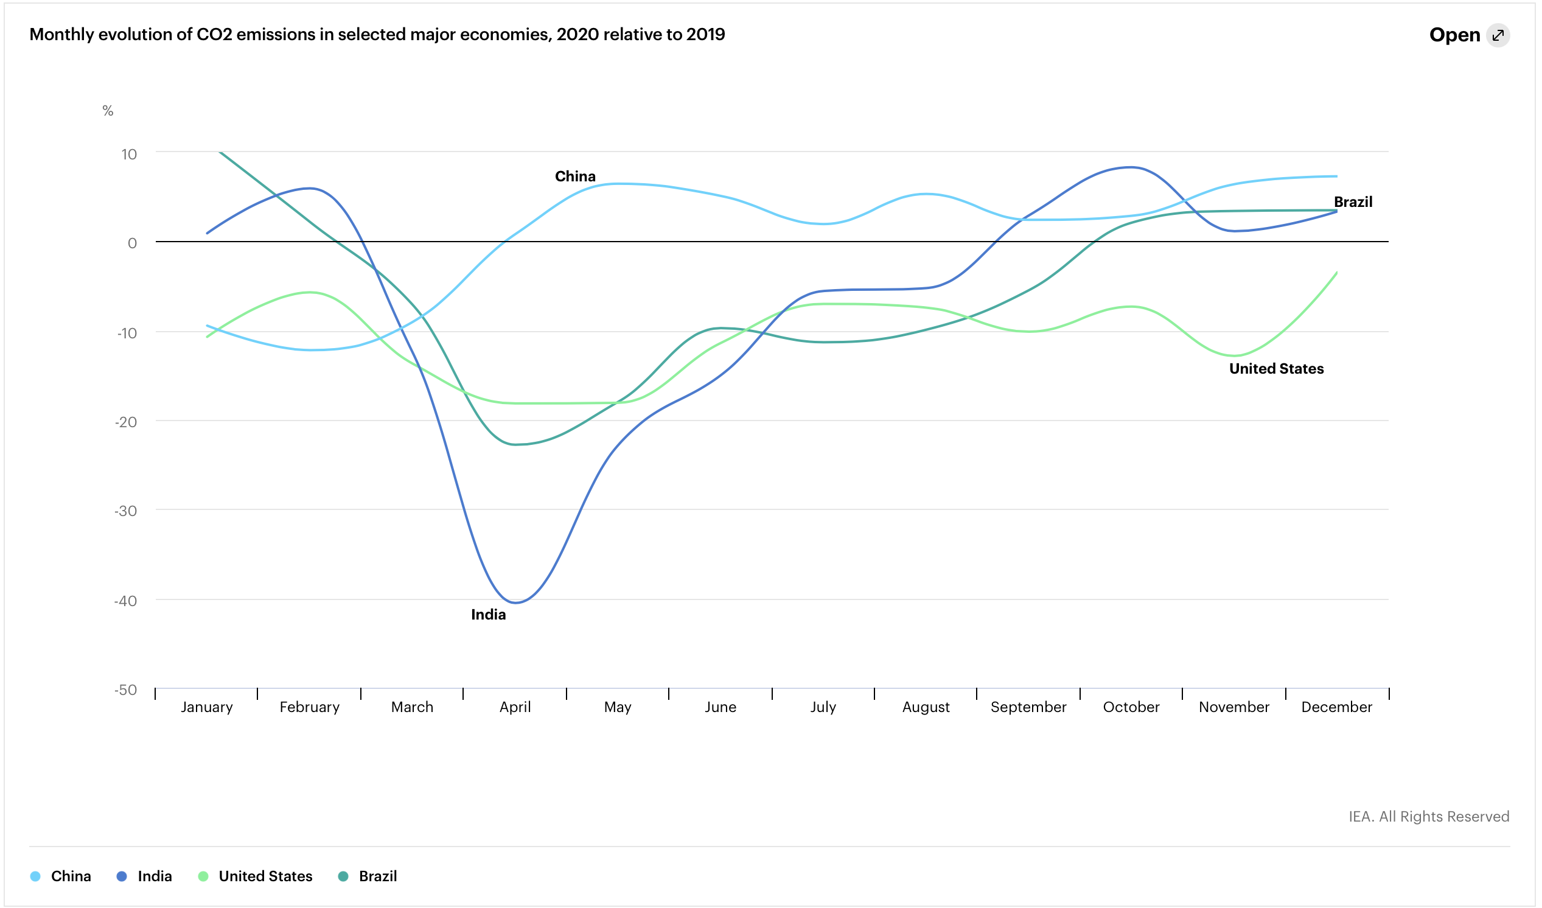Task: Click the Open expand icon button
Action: [1498, 35]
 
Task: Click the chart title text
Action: [377, 34]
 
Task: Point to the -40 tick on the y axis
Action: [125, 601]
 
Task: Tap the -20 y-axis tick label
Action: [125, 422]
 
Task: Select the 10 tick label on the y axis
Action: [128, 154]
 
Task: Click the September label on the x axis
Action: [1028, 707]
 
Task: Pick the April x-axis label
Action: [515, 707]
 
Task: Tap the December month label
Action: [1336, 707]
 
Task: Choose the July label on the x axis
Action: [823, 707]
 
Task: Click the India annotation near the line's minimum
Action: [488, 615]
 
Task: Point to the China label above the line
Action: [574, 176]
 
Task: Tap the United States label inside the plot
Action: [1277, 368]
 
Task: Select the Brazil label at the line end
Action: [1353, 202]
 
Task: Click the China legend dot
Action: [35, 876]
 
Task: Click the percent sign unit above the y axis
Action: [108, 111]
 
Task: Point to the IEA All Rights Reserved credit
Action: [1428, 817]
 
